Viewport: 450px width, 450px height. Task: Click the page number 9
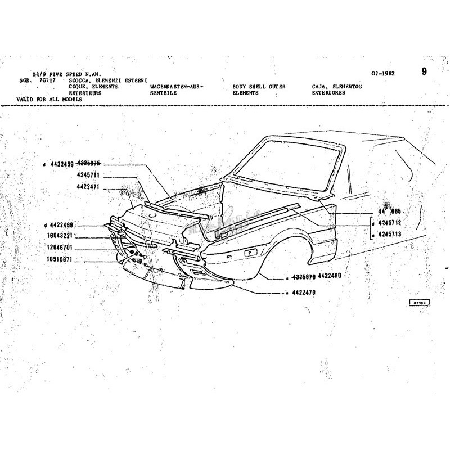point(424,71)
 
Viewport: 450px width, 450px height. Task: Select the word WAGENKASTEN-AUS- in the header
point(176,87)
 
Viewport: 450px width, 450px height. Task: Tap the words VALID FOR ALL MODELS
point(49,99)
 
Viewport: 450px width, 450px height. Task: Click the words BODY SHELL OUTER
point(259,87)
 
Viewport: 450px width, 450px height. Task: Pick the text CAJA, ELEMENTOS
point(336,87)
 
